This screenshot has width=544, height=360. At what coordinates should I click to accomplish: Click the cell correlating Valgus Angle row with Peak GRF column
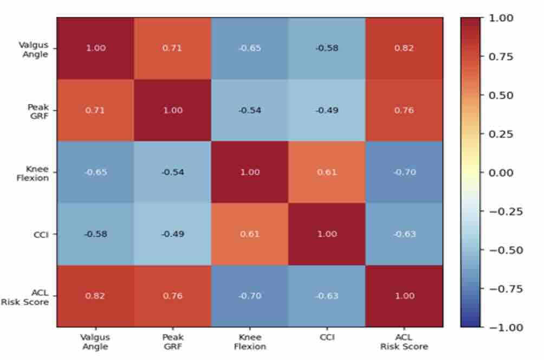[x=172, y=48]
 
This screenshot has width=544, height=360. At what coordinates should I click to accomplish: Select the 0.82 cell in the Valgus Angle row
[x=404, y=48]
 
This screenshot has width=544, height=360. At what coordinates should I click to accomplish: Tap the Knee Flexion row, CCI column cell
[x=327, y=172]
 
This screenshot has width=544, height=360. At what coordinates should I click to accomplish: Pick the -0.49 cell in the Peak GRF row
[x=327, y=111]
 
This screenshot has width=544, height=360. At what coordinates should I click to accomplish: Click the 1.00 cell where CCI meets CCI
[x=327, y=234]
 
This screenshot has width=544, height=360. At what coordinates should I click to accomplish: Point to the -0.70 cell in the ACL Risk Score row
[x=250, y=296]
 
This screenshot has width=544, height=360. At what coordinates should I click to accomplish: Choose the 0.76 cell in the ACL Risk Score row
[x=172, y=296]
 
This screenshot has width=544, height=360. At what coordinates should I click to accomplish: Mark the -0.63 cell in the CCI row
[x=404, y=234]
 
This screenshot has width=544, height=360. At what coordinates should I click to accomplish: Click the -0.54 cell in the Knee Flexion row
[x=172, y=172]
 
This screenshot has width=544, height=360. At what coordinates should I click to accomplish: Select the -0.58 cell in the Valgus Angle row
[x=327, y=48]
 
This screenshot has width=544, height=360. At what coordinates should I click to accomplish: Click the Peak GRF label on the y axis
[x=38, y=112]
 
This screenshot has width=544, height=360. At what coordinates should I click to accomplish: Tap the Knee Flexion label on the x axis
[x=250, y=342]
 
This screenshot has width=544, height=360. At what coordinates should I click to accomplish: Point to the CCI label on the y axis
[x=41, y=235]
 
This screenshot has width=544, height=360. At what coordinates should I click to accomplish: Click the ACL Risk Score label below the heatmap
[x=404, y=342]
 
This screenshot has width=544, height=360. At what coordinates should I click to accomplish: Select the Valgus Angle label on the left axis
[x=34, y=50]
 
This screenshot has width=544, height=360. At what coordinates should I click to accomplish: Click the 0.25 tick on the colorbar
[x=501, y=134]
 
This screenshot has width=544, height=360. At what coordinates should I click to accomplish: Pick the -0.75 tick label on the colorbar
[x=506, y=289]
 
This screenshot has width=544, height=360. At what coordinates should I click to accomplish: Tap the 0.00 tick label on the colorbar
[x=501, y=172]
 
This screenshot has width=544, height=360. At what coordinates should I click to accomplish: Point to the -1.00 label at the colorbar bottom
[x=506, y=327]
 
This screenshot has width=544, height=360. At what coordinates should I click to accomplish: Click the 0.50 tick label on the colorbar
[x=501, y=95]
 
